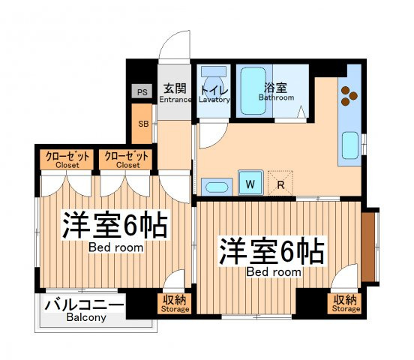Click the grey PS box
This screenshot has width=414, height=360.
pos(142,91)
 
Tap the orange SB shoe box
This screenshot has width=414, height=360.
pos(142,124)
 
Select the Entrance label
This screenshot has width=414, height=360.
pos(175,100)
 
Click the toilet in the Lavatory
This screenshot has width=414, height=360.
pos(214,79)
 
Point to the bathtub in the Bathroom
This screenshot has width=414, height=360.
pos(253,91)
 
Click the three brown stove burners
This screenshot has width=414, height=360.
pos(349,96)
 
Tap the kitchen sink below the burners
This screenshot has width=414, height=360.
pos(350,145)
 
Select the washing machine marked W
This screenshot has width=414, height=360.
pos(250,183)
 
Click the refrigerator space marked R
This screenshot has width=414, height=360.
pos(280,183)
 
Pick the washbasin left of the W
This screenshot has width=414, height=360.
pos(217,187)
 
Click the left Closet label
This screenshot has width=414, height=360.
pos(67,165)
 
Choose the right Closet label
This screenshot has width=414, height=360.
pos(128,165)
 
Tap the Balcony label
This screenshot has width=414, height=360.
pos(86,317)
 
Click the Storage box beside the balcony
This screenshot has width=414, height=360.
pos(175,304)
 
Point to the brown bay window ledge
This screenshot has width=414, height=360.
pos(368,247)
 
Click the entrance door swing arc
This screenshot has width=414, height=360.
pos(169,39)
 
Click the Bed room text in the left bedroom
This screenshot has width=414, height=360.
pos(116,247)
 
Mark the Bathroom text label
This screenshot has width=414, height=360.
pos(276,97)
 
